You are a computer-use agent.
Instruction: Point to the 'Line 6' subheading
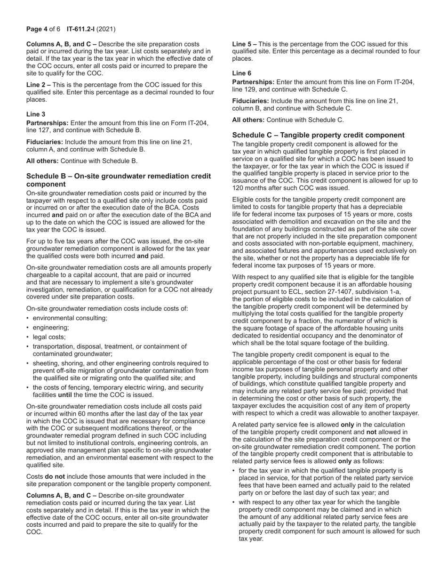pos(242,73)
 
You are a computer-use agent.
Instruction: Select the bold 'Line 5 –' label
pos(244,44)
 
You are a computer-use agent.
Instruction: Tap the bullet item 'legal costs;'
pos(49,337)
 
